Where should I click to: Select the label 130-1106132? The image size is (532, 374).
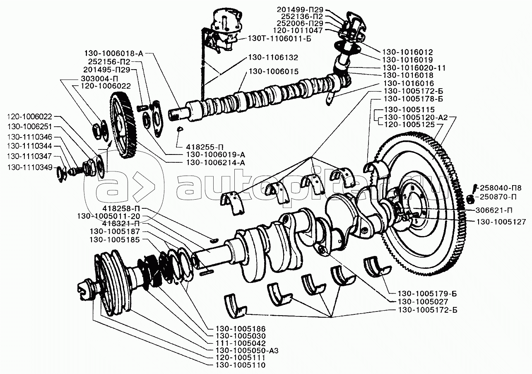tap(273, 57)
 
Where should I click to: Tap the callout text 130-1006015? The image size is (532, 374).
tap(273, 72)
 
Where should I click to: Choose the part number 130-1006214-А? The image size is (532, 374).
tap(212, 163)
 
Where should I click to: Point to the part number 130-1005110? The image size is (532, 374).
tap(241, 365)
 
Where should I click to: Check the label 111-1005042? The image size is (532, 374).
tap(241, 343)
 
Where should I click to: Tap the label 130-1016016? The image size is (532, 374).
tap(408, 82)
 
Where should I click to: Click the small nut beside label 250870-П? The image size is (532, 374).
tap(469, 200)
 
